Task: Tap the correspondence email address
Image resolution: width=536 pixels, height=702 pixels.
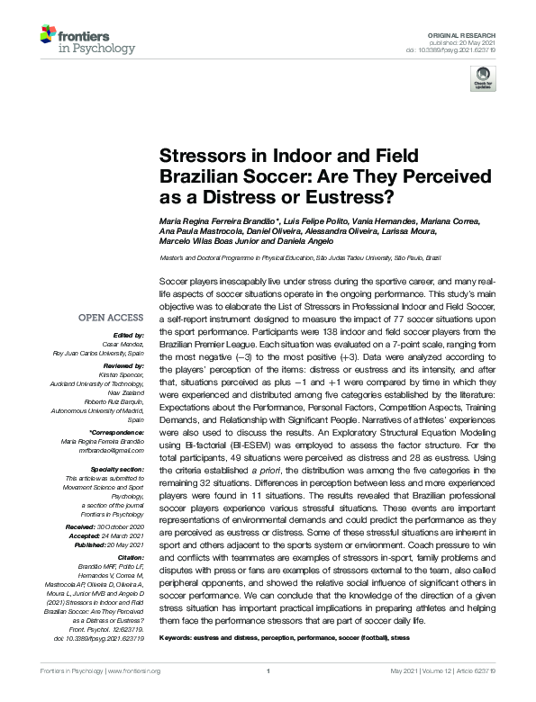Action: pyautogui.click(x=113, y=449)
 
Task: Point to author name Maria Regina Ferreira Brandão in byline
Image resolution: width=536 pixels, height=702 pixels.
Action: pyautogui.click(x=222, y=221)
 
